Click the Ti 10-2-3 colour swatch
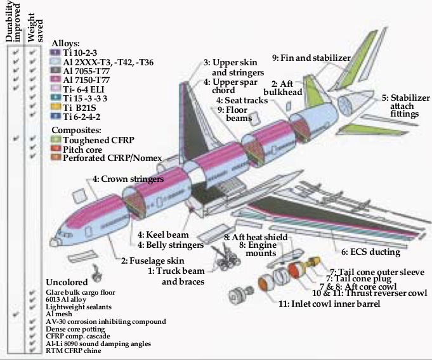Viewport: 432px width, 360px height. tap(55, 53)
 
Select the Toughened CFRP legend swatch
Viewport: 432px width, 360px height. tap(55, 139)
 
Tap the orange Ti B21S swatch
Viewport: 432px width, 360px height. tap(55, 107)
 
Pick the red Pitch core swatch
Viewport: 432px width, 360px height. tap(55, 149)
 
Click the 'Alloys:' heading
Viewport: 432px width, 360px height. tap(65, 43)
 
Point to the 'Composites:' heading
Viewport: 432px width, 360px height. tap(76, 130)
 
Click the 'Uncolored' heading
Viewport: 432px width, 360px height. tap(67, 282)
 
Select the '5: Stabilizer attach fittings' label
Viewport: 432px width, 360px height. tap(405, 106)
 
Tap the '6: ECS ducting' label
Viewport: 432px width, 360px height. tap(370, 252)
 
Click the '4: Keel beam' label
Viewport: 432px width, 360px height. tap(163, 235)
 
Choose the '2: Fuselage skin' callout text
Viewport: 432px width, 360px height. tap(153, 260)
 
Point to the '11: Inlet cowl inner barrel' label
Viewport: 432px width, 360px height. tap(329, 304)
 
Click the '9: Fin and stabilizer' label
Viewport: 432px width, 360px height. tap(311, 58)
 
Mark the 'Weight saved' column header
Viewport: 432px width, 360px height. tap(35, 27)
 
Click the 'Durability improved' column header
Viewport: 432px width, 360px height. tap(13, 22)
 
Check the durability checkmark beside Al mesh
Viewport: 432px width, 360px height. tap(16, 314)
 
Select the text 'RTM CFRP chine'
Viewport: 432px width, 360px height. tap(74, 350)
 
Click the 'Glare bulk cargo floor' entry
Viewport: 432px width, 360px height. tap(81, 292)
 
